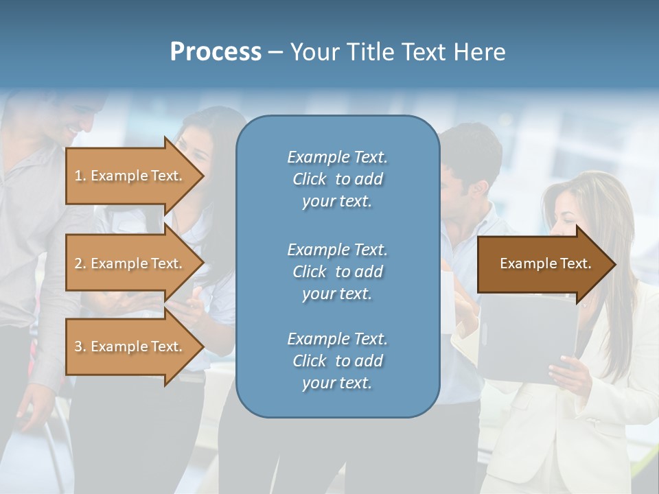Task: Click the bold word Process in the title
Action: coord(216,52)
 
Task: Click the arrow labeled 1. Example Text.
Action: coord(130,176)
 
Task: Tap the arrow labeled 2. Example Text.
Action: coord(130,263)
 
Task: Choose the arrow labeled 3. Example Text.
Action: coord(130,346)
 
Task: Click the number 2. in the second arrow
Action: coord(80,263)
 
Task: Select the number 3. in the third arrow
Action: coord(80,346)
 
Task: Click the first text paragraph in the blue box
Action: coord(337,179)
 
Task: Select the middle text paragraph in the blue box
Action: coord(337,272)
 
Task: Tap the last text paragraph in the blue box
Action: coord(337,361)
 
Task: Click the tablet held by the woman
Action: coord(525,336)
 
